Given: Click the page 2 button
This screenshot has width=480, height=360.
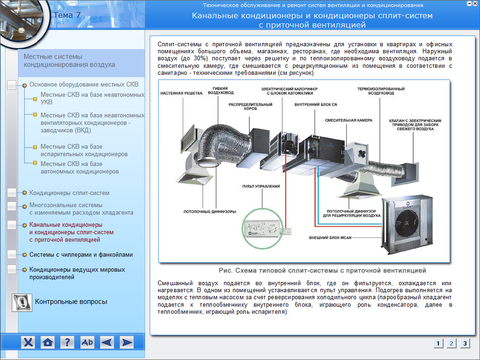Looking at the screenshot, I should coord(451,343).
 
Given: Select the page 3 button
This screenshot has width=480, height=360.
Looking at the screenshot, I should coord(464,343).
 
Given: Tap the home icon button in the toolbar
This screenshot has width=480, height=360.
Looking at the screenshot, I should coord(48,342).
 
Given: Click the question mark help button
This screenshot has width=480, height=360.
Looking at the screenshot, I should coord(67,342).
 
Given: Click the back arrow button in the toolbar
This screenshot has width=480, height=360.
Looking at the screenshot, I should coord(107,342).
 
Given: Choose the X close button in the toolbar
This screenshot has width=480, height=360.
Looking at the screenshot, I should coord(29,342).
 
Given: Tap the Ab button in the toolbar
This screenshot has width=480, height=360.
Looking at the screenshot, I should coord(87,342).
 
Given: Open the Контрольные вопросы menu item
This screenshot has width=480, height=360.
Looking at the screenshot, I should coord(71,302).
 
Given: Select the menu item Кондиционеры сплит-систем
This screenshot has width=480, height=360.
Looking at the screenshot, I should coord(69,193).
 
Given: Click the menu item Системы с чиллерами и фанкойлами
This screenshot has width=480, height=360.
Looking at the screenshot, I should coord(81,255).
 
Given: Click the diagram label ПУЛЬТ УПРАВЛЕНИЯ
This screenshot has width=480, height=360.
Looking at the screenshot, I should coord(261,186).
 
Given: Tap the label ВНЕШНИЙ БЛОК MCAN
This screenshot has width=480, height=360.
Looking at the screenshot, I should coord(330,238).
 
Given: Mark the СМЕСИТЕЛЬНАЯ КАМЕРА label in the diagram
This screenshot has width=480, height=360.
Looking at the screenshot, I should coord(349,120).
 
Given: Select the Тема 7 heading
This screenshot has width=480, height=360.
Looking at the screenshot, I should coord(67,15).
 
